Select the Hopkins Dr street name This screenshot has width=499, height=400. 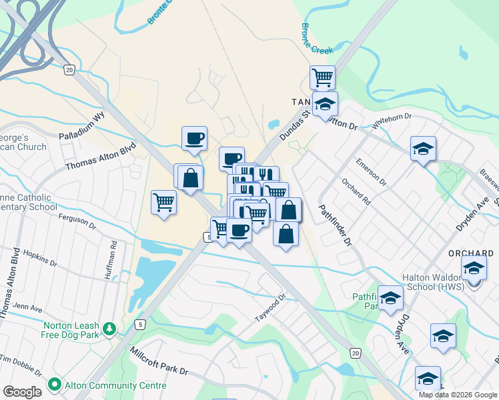[x=40, y=259]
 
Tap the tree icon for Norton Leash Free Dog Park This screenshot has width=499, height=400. [x=109, y=329]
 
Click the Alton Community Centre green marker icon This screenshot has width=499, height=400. [x=53, y=385]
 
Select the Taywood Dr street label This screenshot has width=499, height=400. [x=270, y=307]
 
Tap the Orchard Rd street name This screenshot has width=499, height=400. [x=356, y=190]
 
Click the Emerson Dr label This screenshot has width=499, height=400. [x=372, y=171]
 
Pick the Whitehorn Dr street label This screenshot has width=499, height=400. [x=393, y=121]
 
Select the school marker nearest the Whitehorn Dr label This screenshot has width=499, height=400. [x=423, y=149]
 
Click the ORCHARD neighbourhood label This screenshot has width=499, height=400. [x=471, y=253]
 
